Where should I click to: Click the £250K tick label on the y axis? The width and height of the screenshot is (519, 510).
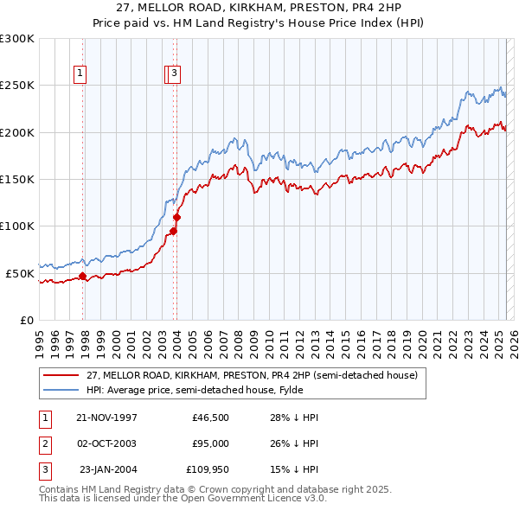pos(17,86)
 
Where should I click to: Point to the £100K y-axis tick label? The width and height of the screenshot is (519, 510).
pos(17,226)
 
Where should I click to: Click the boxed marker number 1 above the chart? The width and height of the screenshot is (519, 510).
pos(80,74)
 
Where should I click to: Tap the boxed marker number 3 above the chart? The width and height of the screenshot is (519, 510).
pos(175,74)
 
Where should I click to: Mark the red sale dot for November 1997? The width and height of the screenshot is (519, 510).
pos(83,277)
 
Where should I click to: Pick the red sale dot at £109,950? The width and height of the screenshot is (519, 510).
pos(176,217)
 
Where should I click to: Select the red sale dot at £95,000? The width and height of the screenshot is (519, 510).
pos(174,231)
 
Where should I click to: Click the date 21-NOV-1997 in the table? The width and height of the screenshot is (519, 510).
pos(107,418)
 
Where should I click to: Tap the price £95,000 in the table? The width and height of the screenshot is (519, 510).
pos(210,443)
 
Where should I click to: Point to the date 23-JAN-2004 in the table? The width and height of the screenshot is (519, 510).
pos(108,469)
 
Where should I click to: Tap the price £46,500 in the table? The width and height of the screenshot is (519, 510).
pos(210,418)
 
